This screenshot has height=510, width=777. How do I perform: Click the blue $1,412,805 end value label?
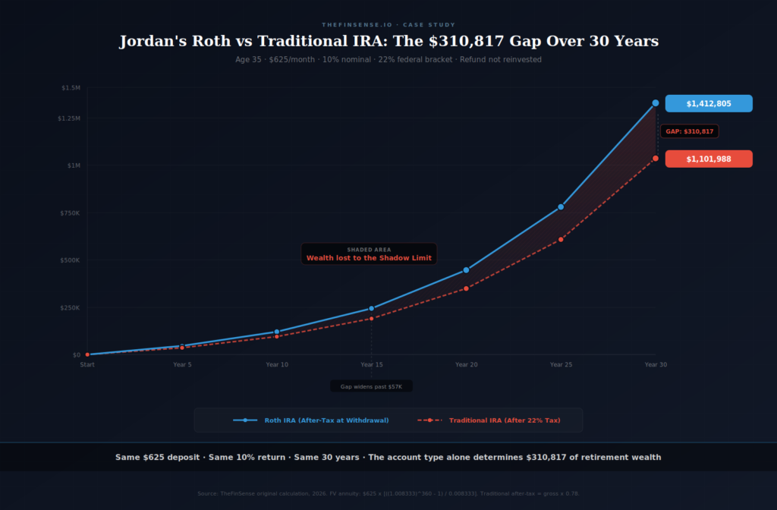[709, 103]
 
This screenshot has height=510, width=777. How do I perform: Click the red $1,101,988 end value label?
[709, 159]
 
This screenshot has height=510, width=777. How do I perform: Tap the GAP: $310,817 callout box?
[689, 131]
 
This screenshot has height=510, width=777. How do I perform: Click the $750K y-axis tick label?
[70, 213]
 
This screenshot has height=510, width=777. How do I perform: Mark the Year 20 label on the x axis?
[466, 365]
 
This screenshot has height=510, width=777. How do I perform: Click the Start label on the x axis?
[87, 365]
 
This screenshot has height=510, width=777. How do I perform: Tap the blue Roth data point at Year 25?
[561, 206]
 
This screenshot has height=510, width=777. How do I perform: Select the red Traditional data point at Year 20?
[466, 288]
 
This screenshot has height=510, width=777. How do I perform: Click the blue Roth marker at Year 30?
[656, 102]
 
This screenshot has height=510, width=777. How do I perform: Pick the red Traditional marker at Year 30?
[656, 159]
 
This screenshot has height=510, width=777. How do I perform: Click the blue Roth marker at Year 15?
[371, 308]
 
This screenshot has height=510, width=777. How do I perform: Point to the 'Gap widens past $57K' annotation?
[371, 386]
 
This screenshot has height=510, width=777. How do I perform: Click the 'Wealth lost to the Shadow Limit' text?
[369, 258]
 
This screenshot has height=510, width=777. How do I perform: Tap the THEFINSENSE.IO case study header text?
[388, 25]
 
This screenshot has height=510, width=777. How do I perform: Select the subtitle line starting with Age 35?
[388, 59]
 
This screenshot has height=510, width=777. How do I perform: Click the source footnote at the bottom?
[388, 493]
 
